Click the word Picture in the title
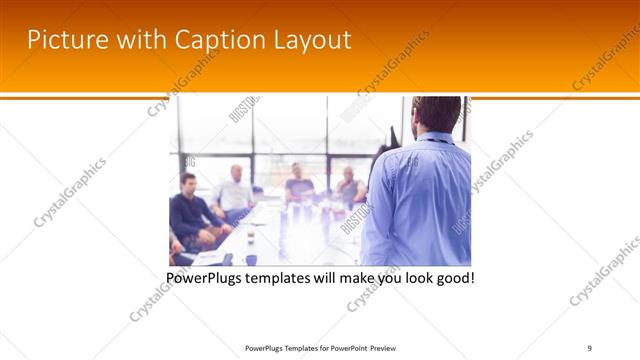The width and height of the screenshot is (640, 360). [65, 40]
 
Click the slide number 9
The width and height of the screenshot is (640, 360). [589, 347]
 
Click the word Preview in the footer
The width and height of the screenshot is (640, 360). [384, 347]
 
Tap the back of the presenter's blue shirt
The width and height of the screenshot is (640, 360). [420, 200]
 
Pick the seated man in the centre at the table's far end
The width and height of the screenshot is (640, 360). [299, 183]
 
